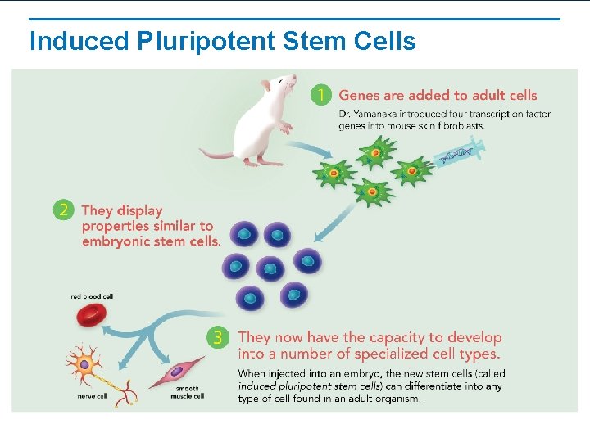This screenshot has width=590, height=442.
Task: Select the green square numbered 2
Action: click(63, 210)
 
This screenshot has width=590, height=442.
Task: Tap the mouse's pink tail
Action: click(217, 153)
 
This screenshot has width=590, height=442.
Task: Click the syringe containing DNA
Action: click(460, 153)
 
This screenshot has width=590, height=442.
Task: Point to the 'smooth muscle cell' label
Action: click(187, 393)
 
